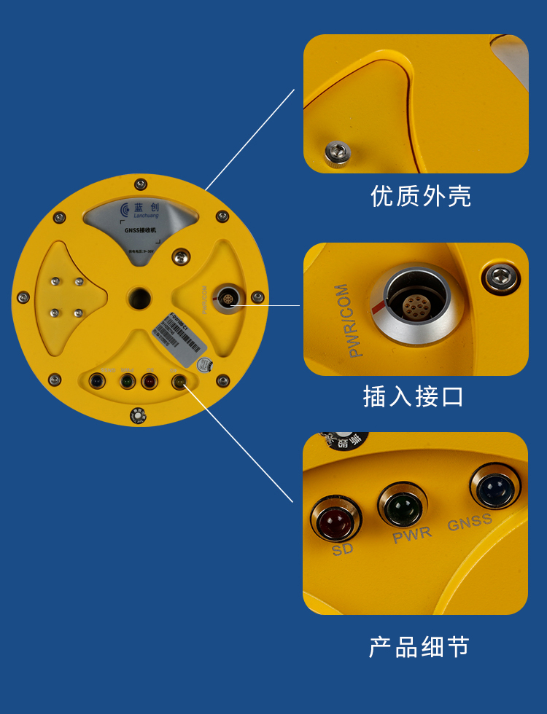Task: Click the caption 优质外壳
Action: pos(421,196)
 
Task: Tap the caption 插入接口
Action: pos(414,396)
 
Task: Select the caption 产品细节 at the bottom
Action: pos(419,647)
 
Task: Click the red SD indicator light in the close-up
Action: pos(336,519)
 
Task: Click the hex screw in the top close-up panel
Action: pos(338,152)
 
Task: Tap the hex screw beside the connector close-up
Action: pos(502,278)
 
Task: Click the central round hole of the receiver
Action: pos(139,297)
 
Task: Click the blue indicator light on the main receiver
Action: pos(96,380)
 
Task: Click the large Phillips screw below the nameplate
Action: pos(180,256)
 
